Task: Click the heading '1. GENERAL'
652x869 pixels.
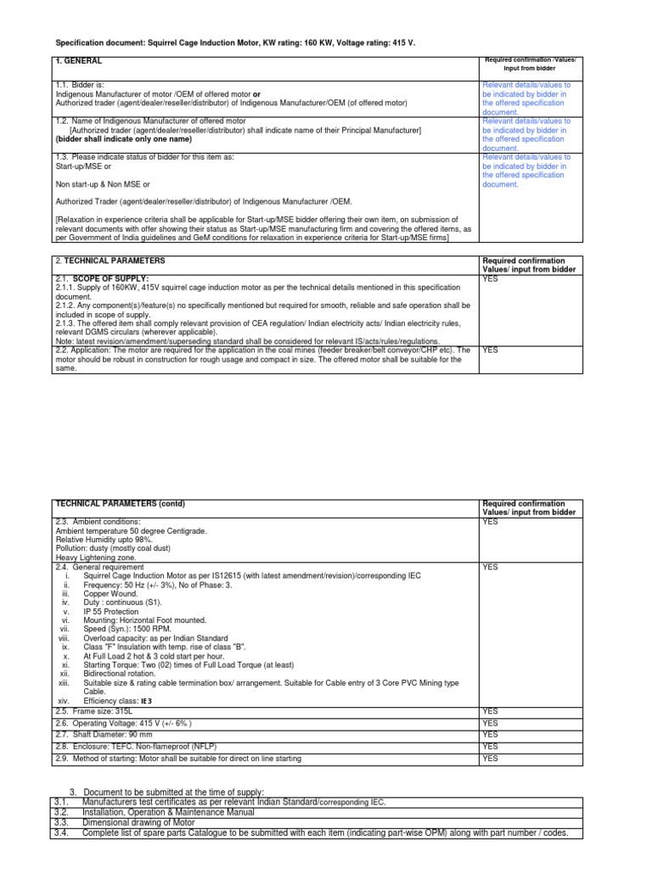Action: (79, 62)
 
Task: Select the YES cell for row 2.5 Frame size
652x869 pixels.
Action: (490, 710)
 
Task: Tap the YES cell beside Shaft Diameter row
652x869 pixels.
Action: (490, 734)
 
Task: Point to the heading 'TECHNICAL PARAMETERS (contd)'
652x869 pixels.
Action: (120, 504)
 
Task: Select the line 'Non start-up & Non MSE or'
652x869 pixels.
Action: (103, 184)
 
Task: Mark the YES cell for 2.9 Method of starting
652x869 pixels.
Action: (490, 758)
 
